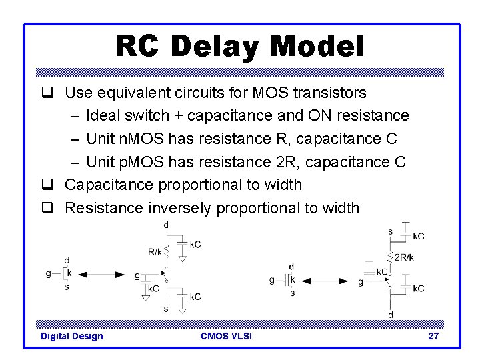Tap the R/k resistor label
point(154,251)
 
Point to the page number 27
point(433,336)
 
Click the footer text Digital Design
point(72,336)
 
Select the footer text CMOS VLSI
point(226,336)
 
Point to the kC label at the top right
point(418,236)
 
